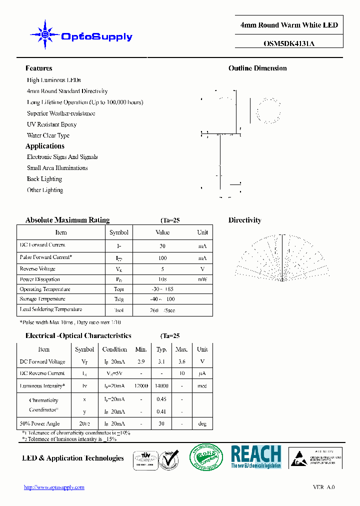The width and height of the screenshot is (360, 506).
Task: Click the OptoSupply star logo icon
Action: pos(45,35)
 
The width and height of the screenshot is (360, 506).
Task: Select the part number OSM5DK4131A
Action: pos(289,43)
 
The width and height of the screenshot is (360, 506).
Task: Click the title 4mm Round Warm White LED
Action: pos(289,25)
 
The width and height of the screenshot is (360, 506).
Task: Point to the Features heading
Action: pos(38,68)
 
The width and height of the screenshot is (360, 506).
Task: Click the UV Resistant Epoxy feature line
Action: pos(51,124)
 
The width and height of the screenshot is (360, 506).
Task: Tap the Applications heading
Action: pos(45,146)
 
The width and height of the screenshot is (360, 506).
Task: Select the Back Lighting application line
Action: pos(44,179)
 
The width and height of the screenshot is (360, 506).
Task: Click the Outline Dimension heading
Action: pos(257,68)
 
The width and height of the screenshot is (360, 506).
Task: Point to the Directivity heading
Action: pos(244,220)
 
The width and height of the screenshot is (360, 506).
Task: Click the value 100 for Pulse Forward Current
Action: pos(162,258)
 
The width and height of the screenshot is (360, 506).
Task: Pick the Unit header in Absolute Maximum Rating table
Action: pos(202,232)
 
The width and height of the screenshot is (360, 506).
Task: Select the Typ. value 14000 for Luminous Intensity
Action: pos(161,386)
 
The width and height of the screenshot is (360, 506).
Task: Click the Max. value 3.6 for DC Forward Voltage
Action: pos(181,361)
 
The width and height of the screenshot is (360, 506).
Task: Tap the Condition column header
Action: pos(114,349)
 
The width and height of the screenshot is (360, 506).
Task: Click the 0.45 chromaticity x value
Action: pos(161,399)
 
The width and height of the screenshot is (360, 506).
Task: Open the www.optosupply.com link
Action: pos(54,487)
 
